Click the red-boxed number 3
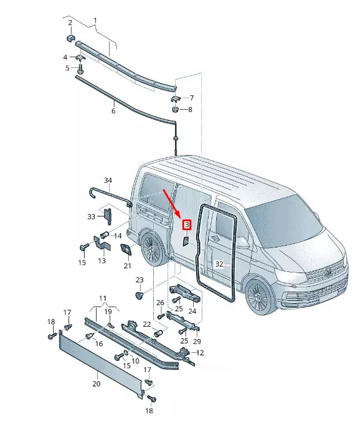187,225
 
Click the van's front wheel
259,296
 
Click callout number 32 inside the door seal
219,264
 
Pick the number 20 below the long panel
96,384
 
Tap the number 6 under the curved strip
113,111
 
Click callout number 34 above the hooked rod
108,180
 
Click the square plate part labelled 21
127,250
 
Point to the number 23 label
139,280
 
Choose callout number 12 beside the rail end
200,353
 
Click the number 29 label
197,340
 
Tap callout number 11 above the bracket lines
103,297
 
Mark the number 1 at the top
95,21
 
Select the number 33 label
91,216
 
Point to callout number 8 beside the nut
190,110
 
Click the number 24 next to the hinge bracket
193,311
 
